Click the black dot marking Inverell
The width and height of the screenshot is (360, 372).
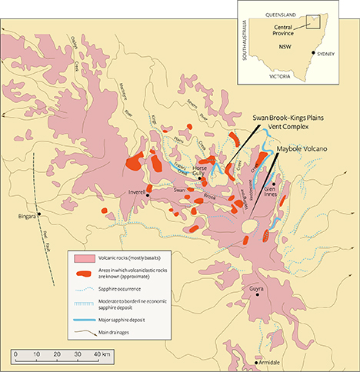[148, 195]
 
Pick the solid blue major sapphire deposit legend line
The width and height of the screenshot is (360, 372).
[82, 317]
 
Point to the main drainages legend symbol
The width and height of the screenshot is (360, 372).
[82, 331]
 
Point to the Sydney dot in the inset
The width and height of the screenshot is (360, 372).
[314, 53]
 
